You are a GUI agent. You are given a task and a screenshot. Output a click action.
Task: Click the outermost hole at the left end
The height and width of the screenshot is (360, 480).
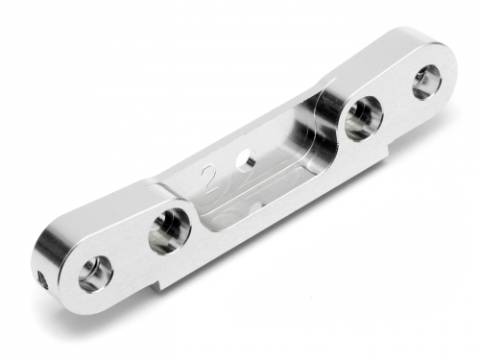[94, 274]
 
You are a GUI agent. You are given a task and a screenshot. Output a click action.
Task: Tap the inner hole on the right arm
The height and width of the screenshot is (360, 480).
[362, 115]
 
